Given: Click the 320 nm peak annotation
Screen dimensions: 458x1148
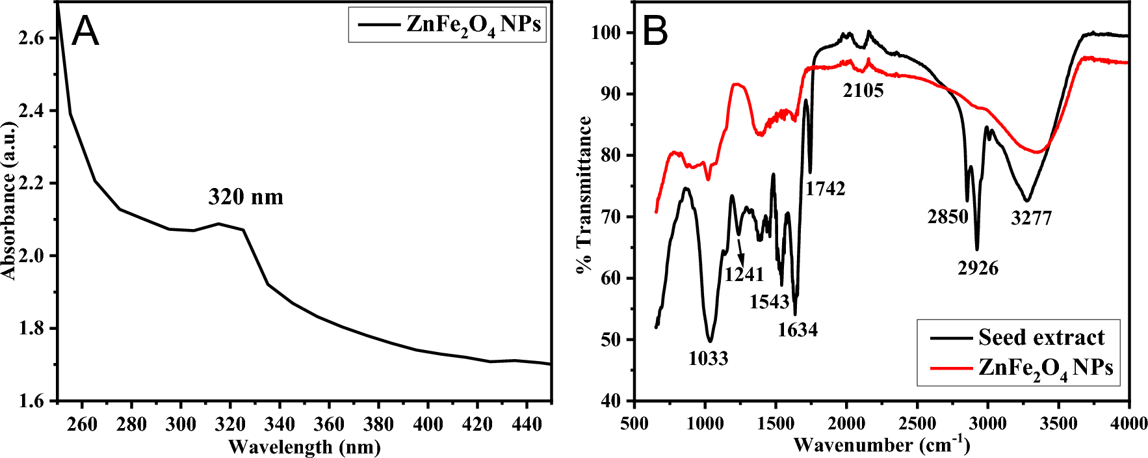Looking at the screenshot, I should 246,196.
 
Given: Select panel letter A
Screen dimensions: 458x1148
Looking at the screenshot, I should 85,31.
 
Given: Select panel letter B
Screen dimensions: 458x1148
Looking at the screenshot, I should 655,31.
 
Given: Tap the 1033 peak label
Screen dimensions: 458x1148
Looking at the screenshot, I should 708,358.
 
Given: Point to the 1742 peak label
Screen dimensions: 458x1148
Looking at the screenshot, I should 825,189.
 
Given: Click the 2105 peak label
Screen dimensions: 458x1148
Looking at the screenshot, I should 863,90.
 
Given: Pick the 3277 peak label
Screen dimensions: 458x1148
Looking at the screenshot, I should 1031,218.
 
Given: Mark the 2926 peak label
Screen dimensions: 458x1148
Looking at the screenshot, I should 978,267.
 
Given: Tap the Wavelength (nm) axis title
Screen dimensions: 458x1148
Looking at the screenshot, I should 304,447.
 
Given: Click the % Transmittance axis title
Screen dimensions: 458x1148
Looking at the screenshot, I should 584,195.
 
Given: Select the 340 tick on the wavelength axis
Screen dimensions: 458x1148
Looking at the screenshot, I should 280,425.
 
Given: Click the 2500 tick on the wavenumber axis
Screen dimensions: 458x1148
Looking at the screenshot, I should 917,424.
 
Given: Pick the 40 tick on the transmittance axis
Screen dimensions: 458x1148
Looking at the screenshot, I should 610,401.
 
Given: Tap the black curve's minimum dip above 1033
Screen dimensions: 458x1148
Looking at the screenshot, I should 710,340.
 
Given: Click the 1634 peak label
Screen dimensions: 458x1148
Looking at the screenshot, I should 798,329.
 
